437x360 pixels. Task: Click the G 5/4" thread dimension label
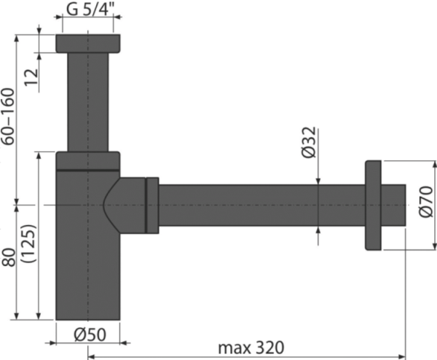tap(90, 9)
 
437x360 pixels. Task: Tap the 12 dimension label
tap(32, 77)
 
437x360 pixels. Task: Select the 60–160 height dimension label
tap(8, 117)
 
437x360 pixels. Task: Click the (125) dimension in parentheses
tap(28, 243)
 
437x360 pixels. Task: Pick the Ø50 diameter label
tap(90, 334)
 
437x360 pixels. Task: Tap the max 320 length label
tap(251, 348)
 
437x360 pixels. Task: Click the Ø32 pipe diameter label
tap(309, 142)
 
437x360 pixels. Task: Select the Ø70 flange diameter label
tap(426, 201)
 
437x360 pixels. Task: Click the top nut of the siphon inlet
tap(88, 44)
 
